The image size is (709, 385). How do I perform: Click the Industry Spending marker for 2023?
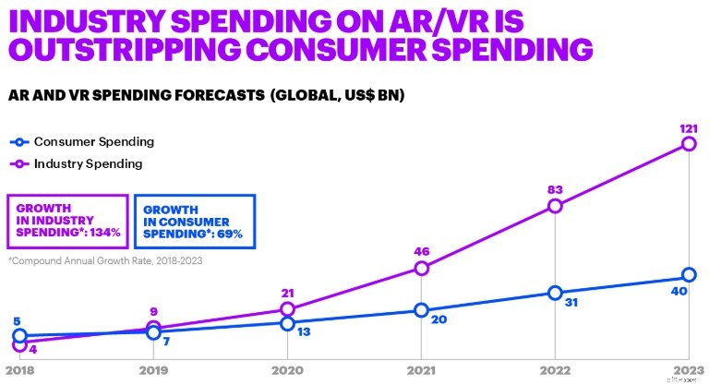tap(689, 144)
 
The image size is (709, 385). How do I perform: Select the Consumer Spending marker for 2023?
tap(689, 275)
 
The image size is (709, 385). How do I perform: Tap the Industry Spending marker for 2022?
tap(555, 206)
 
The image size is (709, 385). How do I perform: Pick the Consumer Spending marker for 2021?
tap(421, 310)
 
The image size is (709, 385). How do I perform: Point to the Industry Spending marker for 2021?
tap(421, 269)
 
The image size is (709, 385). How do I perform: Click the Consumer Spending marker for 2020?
tap(287, 323)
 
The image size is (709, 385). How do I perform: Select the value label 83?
tap(554, 188)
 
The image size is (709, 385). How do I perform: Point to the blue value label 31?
tap(570, 301)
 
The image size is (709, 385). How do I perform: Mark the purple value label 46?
tap(421, 250)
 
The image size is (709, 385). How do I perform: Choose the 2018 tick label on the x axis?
tap(19, 370)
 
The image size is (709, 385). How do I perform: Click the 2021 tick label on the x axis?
tap(421, 370)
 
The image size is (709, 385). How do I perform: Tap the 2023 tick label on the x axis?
tap(688, 370)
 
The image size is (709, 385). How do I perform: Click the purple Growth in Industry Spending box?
tap(66, 221)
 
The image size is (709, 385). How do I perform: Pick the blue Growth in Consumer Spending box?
tap(194, 221)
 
